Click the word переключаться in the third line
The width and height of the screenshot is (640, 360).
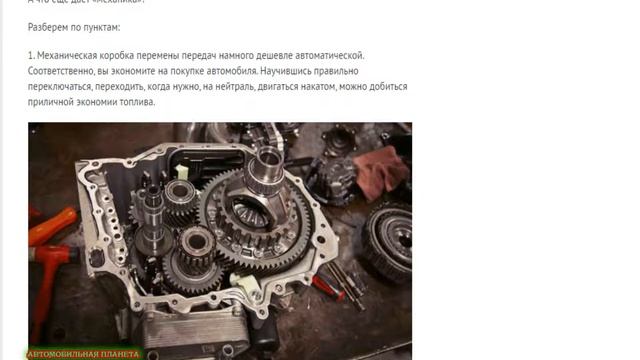click(x=67, y=87)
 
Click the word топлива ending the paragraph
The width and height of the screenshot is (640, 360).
click(x=135, y=102)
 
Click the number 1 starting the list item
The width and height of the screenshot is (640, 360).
click(x=31, y=56)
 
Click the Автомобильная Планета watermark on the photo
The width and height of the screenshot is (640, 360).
click(x=84, y=353)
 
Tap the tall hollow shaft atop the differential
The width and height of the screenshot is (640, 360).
click(x=268, y=170)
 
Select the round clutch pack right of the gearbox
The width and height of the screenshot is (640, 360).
click(x=387, y=240)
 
